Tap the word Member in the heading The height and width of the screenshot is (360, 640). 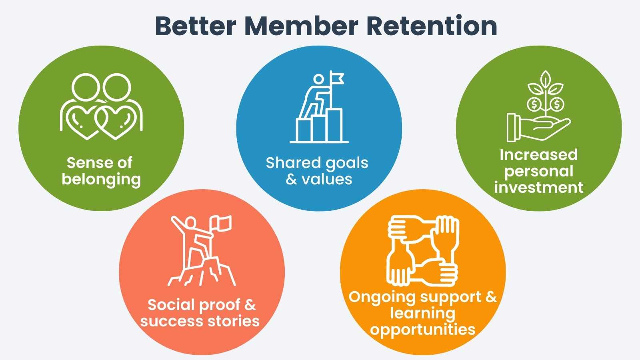pyautogui.click(x=301, y=26)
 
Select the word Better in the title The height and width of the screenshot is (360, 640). pyautogui.click(x=196, y=26)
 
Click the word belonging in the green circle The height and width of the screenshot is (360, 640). pyautogui.click(x=101, y=180)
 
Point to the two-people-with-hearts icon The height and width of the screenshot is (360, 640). pyautogui.click(x=101, y=106)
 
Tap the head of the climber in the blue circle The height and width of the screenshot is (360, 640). pyautogui.click(x=318, y=79)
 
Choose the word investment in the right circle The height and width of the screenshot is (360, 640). pyautogui.click(x=538, y=188)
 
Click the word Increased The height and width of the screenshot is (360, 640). pyautogui.click(x=538, y=155)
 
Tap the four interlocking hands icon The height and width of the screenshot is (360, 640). pyautogui.click(x=423, y=251)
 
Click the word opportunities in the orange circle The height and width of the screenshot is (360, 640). pyautogui.click(x=422, y=330)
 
